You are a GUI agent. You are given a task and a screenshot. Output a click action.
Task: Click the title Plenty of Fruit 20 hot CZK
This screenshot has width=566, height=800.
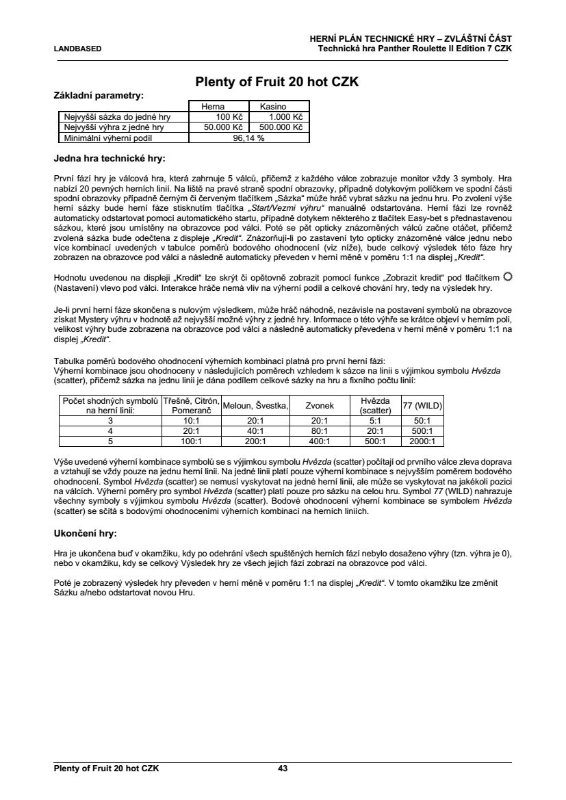click(x=277, y=82)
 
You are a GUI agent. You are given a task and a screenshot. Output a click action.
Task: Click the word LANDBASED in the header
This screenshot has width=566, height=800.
click(x=77, y=49)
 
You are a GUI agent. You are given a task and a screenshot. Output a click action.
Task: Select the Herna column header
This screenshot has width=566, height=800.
click(x=212, y=107)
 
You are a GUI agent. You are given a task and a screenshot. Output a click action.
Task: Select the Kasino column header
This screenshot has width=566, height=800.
click(x=272, y=107)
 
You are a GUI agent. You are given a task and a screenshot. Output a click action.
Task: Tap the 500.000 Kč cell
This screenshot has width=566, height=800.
click(x=280, y=127)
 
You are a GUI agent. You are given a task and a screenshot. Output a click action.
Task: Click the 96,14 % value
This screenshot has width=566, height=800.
click(x=249, y=137)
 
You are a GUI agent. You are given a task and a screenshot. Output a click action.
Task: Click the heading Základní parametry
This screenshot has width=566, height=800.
click(x=99, y=96)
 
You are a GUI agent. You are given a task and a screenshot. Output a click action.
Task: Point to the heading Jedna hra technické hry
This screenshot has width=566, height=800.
click(x=109, y=159)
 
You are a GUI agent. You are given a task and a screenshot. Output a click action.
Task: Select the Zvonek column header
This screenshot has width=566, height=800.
click(x=320, y=405)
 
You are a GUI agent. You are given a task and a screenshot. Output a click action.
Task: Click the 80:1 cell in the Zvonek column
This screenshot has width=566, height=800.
click(x=320, y=431)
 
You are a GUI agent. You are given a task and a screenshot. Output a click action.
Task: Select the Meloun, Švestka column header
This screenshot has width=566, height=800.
click(x=255, y=405)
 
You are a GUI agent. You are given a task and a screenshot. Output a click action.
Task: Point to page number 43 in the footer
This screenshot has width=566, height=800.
click(x=283, y=769)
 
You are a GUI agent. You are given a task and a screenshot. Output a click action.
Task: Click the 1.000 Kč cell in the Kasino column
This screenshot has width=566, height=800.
click(x=280, y=117)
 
